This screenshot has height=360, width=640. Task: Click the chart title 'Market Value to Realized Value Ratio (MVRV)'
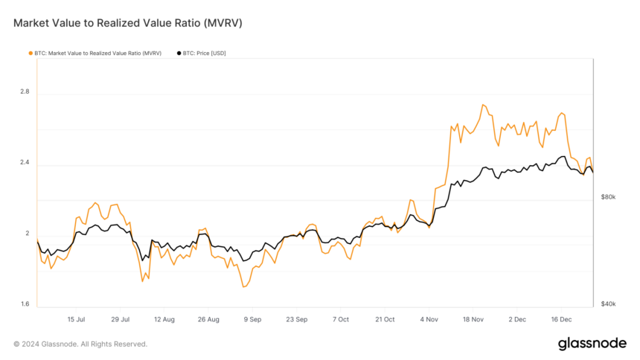click(128, 24)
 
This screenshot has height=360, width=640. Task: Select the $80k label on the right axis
click(608, 197)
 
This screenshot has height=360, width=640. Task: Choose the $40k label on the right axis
click(608, 304)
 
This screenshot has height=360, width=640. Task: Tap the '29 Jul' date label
click(121, 319)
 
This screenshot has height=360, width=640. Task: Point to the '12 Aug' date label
click(164, 319)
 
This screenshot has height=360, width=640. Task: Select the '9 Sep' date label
click(253, 319)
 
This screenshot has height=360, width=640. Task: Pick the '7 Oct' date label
click(341, 319)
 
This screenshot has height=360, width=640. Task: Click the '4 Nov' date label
click(429, 319)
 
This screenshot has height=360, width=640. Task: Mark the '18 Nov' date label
click(473, 319)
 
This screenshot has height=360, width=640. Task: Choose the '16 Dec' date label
click(561, 319)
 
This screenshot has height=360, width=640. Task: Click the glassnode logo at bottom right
click(592, 344)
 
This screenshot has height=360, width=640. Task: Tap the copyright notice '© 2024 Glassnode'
click(80, 344)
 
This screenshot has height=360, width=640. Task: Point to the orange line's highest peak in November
click(483, 105)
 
